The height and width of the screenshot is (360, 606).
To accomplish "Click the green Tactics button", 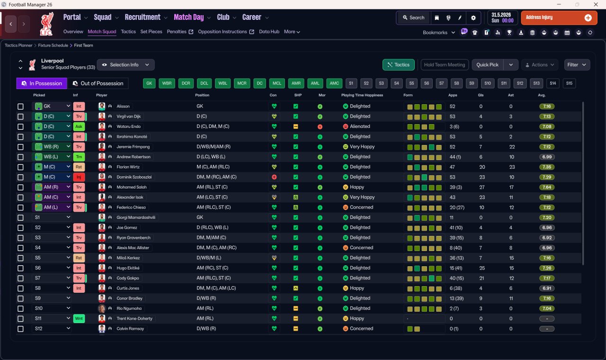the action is pos(398,65).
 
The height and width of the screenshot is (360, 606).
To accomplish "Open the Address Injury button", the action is pos(559,18).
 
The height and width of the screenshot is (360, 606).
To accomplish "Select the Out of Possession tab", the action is pos(98,83).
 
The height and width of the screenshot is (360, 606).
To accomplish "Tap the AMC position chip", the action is pos(334,83).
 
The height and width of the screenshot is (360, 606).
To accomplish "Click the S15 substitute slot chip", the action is pos(569,83).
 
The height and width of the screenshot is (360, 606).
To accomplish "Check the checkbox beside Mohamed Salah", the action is pos(20,187).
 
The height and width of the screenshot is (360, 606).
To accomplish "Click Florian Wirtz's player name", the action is pos(128,167).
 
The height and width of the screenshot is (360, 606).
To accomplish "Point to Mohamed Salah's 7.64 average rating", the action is pos(547,187).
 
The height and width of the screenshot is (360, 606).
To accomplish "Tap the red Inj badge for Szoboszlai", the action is pos(79,177).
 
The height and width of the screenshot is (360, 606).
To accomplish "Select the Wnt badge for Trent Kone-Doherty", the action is pos(79,319).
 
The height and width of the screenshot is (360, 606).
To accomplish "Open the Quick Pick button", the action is pos(487,65).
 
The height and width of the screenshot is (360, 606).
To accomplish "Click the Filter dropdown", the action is pos(577,65).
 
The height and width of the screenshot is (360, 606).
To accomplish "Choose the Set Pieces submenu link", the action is pos(151,32).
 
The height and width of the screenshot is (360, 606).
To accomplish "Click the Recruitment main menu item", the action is pos(143,18).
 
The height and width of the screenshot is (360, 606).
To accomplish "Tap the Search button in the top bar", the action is pos(413,18).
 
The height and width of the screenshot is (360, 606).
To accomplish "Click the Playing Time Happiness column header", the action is pos(362,95).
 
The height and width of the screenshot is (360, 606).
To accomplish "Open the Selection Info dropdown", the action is pos(126,65).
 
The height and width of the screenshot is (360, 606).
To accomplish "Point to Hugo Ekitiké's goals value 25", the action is pos(482,268).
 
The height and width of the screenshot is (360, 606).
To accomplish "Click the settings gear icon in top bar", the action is pos(473,18).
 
